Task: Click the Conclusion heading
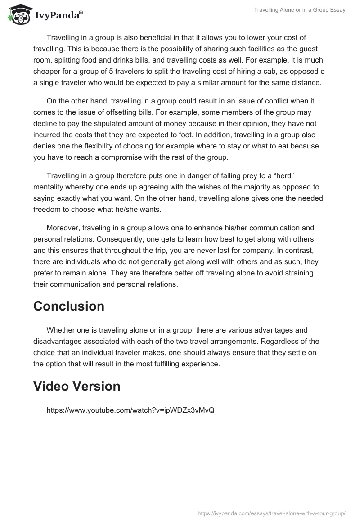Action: pyautogui.click(x=69, y=306)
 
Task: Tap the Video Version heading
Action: pyautogui.click(x=77, y=386)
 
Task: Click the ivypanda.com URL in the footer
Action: pyautogui.click(x=271, y=513)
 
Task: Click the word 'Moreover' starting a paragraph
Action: pyautogui.click(x=63, y=228)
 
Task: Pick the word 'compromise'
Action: pyautogui.click(x=141, y=157)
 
